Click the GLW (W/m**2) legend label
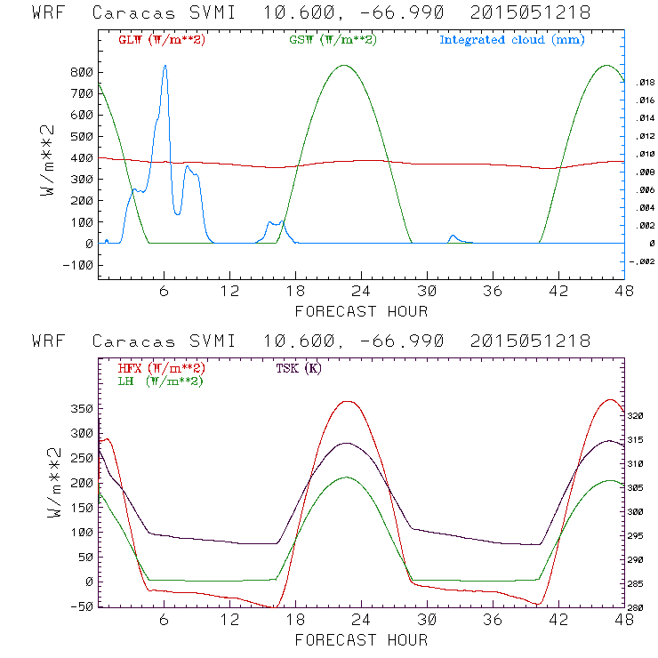click(161, 40)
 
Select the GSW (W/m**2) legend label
click(332, 40)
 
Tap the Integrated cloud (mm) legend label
click(512, 40)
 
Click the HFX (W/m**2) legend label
click(160, 368)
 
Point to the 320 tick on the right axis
click(642, 415)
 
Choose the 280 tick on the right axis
click(642, 608)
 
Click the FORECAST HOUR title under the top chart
click(361, 311)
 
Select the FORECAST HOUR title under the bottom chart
click(361, 640)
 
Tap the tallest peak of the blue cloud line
click(164, 66)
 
